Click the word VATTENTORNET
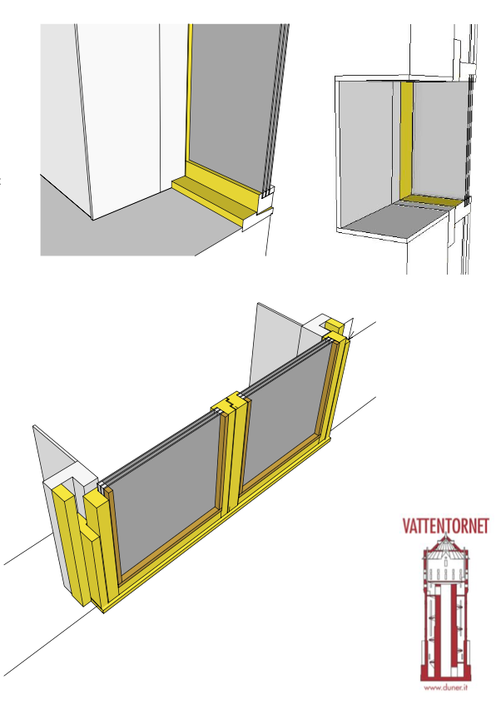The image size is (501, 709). [x=446, y=526]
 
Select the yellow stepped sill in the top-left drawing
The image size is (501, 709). [x=217, y=194]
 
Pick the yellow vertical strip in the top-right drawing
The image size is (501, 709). [x=406, y=140]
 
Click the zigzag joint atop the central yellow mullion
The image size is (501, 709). [x=231, y=403]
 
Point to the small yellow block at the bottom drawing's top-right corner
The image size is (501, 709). [x=335, y=325]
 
